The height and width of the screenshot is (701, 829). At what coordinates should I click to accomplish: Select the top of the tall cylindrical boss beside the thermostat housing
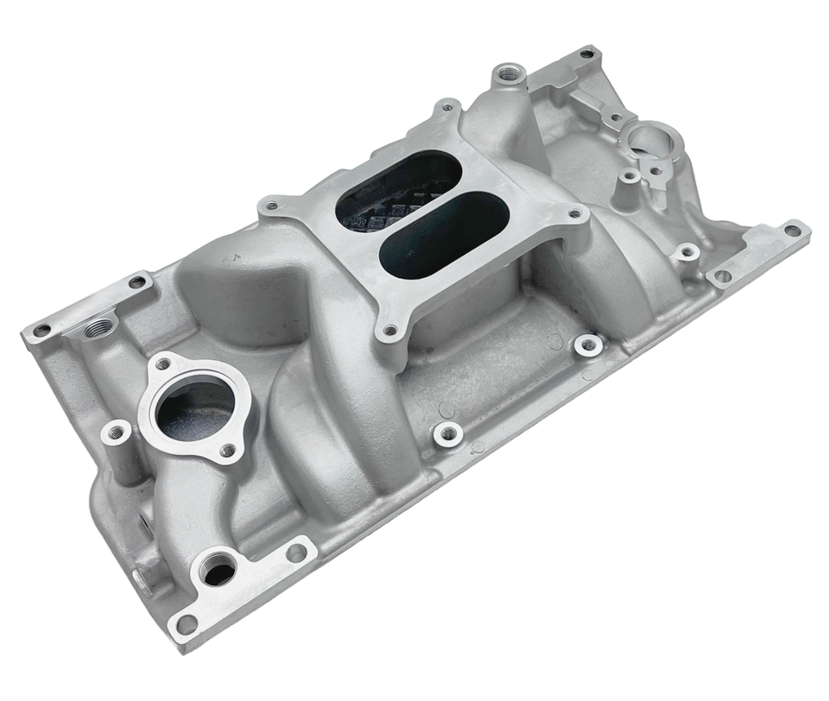tap(114, 429)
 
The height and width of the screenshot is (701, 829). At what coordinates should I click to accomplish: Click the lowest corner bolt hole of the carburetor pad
tap(390, 329)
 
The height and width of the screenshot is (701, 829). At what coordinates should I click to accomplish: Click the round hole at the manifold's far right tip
tap(791, 230)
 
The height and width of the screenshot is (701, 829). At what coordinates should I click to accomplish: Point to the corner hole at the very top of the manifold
tap(586, 54)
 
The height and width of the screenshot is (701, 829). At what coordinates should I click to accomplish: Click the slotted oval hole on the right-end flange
tap(720, 276)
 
